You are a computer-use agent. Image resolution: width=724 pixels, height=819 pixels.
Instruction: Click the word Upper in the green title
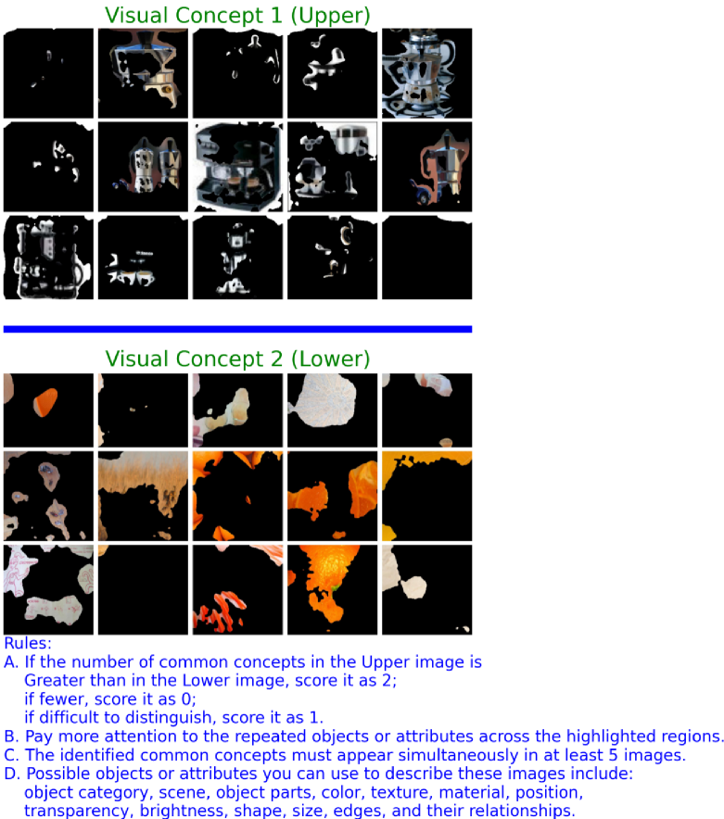click(330, 16)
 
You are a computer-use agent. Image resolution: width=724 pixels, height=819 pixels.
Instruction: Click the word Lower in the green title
click(330, 359)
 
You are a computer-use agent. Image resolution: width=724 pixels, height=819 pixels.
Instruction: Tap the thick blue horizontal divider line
click(237, 329)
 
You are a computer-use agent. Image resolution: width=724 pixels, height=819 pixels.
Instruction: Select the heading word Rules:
click(28, 643)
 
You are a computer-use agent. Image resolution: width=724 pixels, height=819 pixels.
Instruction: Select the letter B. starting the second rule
click(11, 736)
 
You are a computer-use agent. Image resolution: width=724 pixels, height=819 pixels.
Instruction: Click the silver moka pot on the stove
click(426, 73)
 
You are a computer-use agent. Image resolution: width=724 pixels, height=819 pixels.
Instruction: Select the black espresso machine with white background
click(237, 167)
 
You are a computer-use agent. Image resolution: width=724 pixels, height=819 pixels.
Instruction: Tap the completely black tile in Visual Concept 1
click(426, 258)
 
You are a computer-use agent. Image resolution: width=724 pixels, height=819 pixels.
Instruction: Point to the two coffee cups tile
click(143, 258)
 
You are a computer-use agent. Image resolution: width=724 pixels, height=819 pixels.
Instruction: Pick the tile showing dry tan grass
click(143, 497)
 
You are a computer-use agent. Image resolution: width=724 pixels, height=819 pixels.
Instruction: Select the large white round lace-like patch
click(324, 400)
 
